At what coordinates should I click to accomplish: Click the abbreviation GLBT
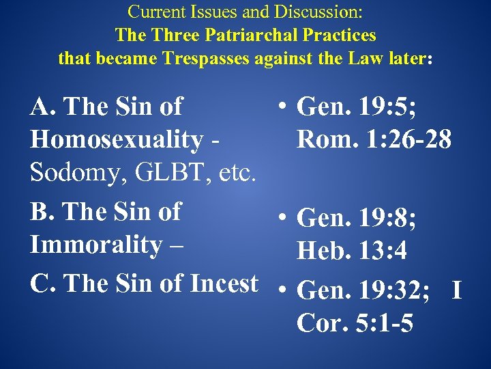coord(181,174)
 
